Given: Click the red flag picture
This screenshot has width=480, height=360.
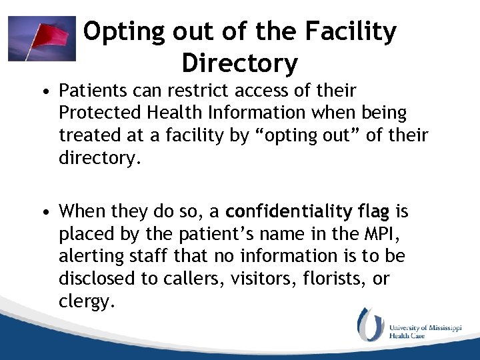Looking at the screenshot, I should coord(41,39).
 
